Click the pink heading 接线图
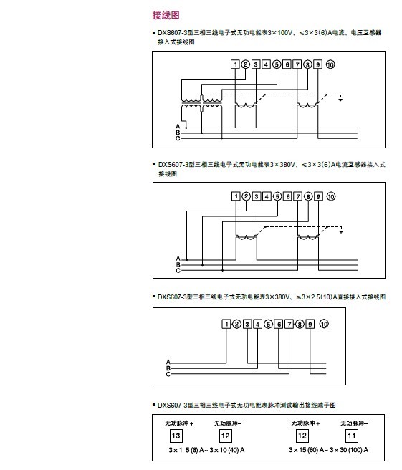click(x=166, y=15)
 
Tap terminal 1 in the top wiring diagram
click(x=235, y=64)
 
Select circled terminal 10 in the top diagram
click(x=330, y=64)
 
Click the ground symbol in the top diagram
click(x=340, y=99)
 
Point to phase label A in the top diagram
click(x=178, y=127)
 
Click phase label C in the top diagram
click(x=178, y=138)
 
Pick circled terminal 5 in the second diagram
click(x=277, y=196)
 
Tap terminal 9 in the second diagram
click(x=318, y=196)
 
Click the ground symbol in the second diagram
click(x=341, y=231)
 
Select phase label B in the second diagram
click(x=178, y=264)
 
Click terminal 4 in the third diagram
click(x=257, y=324)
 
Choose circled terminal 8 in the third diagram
click(x=300, y=324)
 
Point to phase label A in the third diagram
click(x=168, y=362)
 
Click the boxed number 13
click(x=176, y=436)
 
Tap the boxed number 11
click(x=351, y=436)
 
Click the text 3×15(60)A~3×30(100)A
click(x=329, y=450)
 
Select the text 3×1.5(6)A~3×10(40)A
click(x=206, y=450)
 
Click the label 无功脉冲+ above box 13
click(x=179, y=423)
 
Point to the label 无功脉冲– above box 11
click(x=354, y=423)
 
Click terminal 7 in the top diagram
click(x=297, y=64)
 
